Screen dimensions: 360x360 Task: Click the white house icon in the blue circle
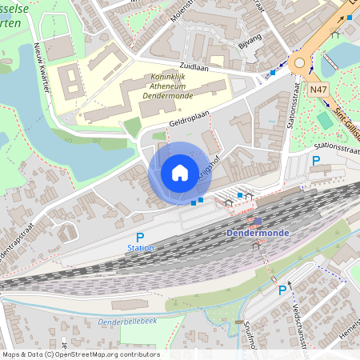180,173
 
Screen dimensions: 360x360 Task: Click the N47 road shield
319,90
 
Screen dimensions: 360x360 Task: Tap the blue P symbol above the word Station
140,238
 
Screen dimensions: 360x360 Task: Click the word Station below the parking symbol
140,248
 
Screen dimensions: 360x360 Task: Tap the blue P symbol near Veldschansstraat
282,290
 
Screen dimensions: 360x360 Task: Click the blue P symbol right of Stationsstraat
316,161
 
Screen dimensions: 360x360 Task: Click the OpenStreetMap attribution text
80,354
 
